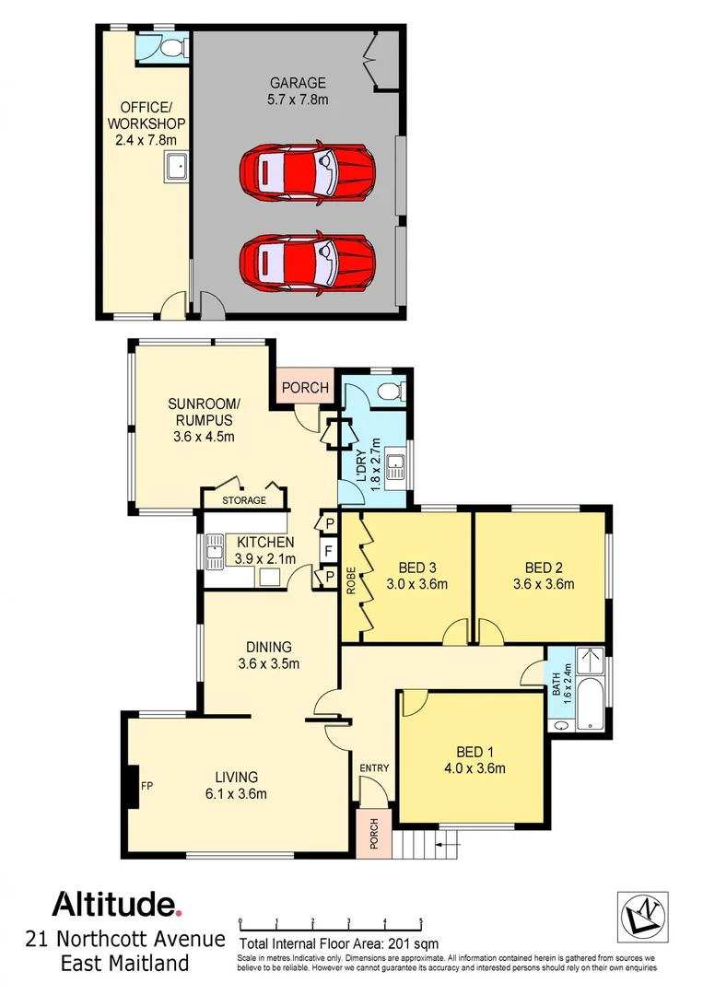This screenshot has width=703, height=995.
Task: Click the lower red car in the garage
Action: (x=307, y=260)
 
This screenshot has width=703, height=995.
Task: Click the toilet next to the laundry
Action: (x=391, y=391)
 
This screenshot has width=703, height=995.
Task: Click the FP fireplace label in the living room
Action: (x=146, y=786)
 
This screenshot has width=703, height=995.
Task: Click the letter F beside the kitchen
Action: (x=326, y=551)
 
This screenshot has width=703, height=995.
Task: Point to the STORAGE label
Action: (x=245, y=500)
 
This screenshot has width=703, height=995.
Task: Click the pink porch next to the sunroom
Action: (x=304, y=387)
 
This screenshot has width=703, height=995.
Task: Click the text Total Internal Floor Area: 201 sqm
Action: (x=339, y=943)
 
